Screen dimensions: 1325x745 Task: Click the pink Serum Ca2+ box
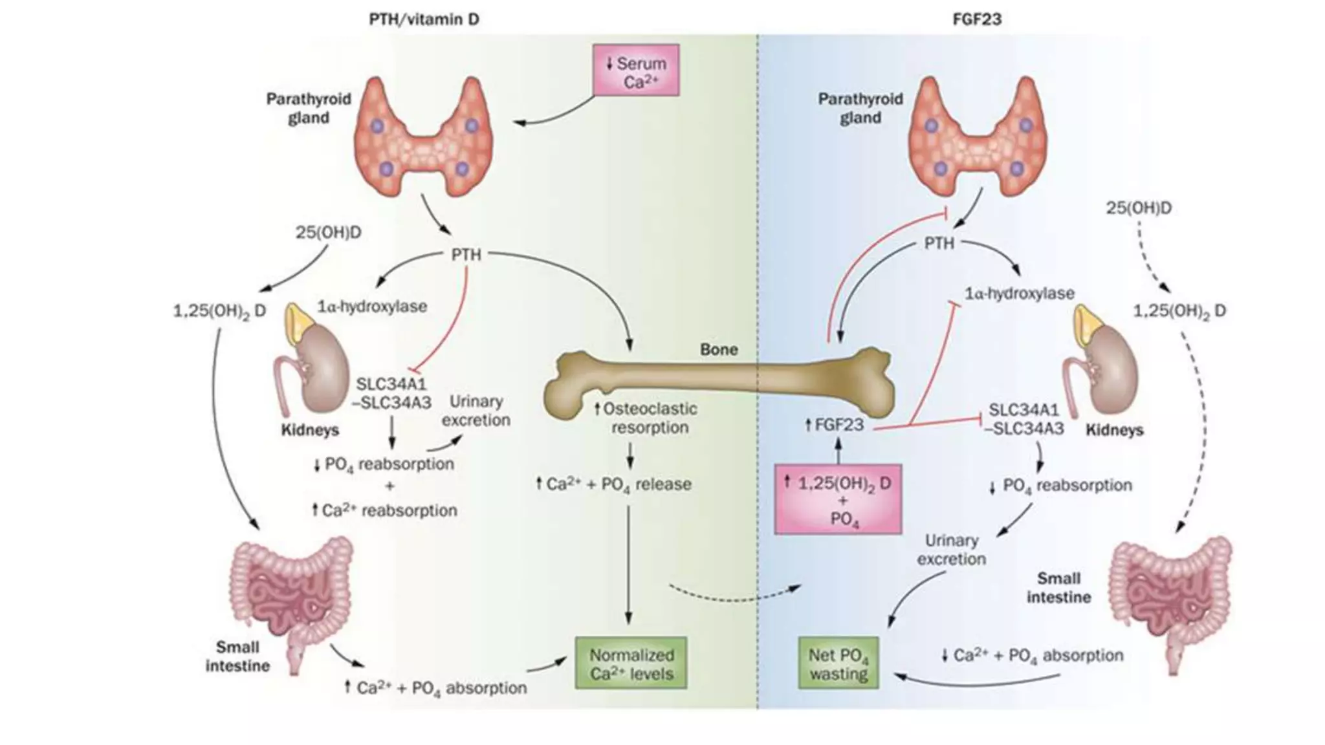point(636,70)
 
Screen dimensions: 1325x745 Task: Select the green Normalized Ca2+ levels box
point(631,664)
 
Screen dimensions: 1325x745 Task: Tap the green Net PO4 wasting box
point(838,664)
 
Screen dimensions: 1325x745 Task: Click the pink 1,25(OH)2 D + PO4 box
point(838,499)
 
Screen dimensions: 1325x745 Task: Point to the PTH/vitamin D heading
point(424,19)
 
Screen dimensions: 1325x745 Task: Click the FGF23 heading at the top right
point(977,19)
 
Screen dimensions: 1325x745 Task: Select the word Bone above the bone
point(719,350)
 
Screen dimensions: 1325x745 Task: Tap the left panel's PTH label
point(466,255)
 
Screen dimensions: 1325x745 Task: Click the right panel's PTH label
point(939,244)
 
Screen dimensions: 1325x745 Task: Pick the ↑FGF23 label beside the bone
point(834,425)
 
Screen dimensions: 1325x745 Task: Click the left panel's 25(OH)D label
point(328,232)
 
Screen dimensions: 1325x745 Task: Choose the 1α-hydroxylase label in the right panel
point(1020,294)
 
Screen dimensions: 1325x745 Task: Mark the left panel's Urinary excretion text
point(476,411)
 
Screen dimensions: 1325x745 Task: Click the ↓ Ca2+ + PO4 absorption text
point(1032,656)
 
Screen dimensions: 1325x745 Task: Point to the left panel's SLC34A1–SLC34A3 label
point(391,393)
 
